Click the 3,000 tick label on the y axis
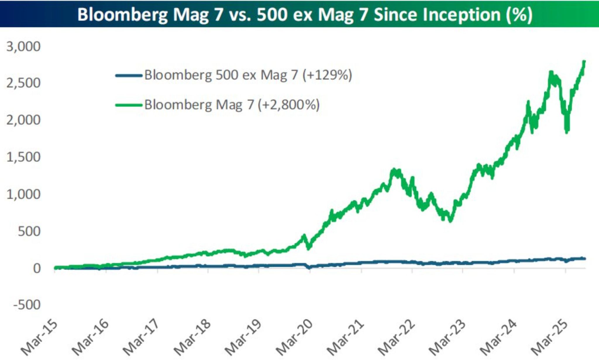(x=23, y=47)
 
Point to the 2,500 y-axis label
(x=23, y=83)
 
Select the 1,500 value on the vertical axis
(x=23, y=157)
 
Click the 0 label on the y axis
(x=37, y=268)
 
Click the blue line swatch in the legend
(x=129, y=76)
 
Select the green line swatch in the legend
(x=129, y=105)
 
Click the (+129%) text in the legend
(x=327, y=75)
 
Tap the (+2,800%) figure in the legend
(x=289, y=104)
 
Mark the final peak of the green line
(x=584, y=62)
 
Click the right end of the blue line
(x=585, y=258)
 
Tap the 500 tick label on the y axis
(x=29, y=232)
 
